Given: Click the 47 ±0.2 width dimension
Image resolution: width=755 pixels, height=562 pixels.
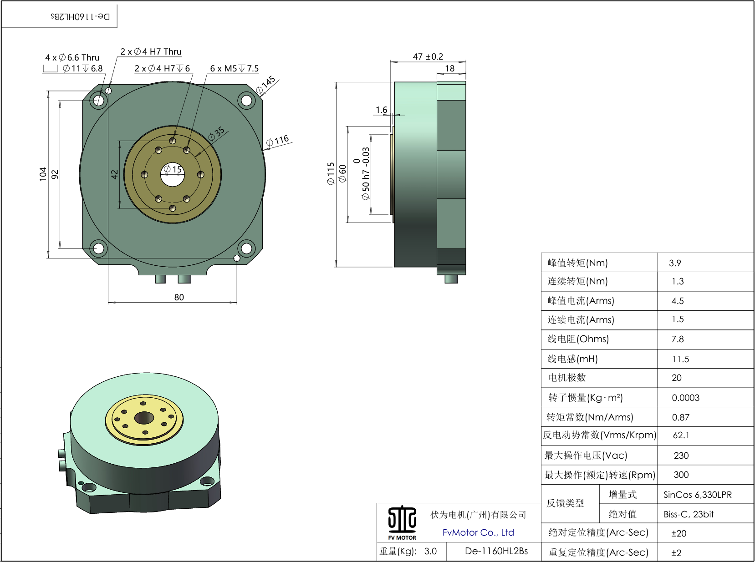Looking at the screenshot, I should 428,56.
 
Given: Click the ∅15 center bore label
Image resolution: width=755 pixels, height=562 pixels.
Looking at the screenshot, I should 173,170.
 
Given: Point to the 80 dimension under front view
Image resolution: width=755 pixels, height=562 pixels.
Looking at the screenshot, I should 179,297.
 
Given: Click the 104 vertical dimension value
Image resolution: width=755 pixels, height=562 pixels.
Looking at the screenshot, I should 43,174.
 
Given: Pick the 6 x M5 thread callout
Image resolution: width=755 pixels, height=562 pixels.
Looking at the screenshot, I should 234,68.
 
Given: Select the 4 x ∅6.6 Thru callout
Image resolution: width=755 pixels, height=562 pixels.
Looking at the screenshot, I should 72,57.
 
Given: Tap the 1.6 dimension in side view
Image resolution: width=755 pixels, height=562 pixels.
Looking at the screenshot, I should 381,110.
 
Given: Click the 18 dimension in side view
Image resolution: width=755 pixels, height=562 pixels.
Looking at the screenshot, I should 449,68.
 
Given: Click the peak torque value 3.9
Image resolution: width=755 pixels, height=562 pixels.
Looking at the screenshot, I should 675,263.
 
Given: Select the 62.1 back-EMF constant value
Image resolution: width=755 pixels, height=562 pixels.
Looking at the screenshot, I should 681,435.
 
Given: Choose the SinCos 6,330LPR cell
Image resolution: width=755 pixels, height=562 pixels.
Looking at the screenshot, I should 697,495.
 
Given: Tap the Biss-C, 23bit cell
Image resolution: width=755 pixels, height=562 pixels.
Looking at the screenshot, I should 689,514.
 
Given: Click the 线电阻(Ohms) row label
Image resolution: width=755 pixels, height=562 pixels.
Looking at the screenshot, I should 578,339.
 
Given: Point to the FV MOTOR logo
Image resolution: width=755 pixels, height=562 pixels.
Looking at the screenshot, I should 402,522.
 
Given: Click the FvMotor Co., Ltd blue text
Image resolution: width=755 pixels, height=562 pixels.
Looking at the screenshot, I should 478,532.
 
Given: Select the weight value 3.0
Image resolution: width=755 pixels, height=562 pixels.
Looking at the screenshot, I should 430,551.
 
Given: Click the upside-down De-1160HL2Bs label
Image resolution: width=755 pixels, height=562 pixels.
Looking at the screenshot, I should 80,17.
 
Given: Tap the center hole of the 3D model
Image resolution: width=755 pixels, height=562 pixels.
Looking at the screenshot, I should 144,417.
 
